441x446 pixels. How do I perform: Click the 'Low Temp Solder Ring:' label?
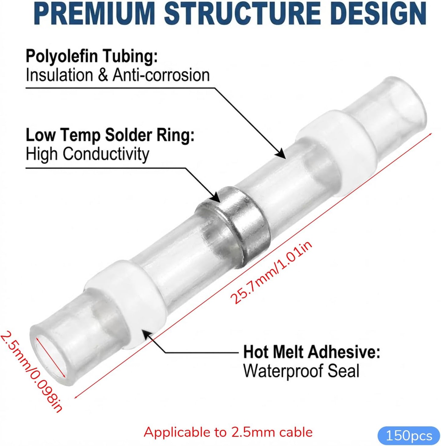point(110,135)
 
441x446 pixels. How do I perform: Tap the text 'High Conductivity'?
point(87,154)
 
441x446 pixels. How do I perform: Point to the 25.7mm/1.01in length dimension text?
point(272,273)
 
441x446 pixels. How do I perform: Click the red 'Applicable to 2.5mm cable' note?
point(228,432)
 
